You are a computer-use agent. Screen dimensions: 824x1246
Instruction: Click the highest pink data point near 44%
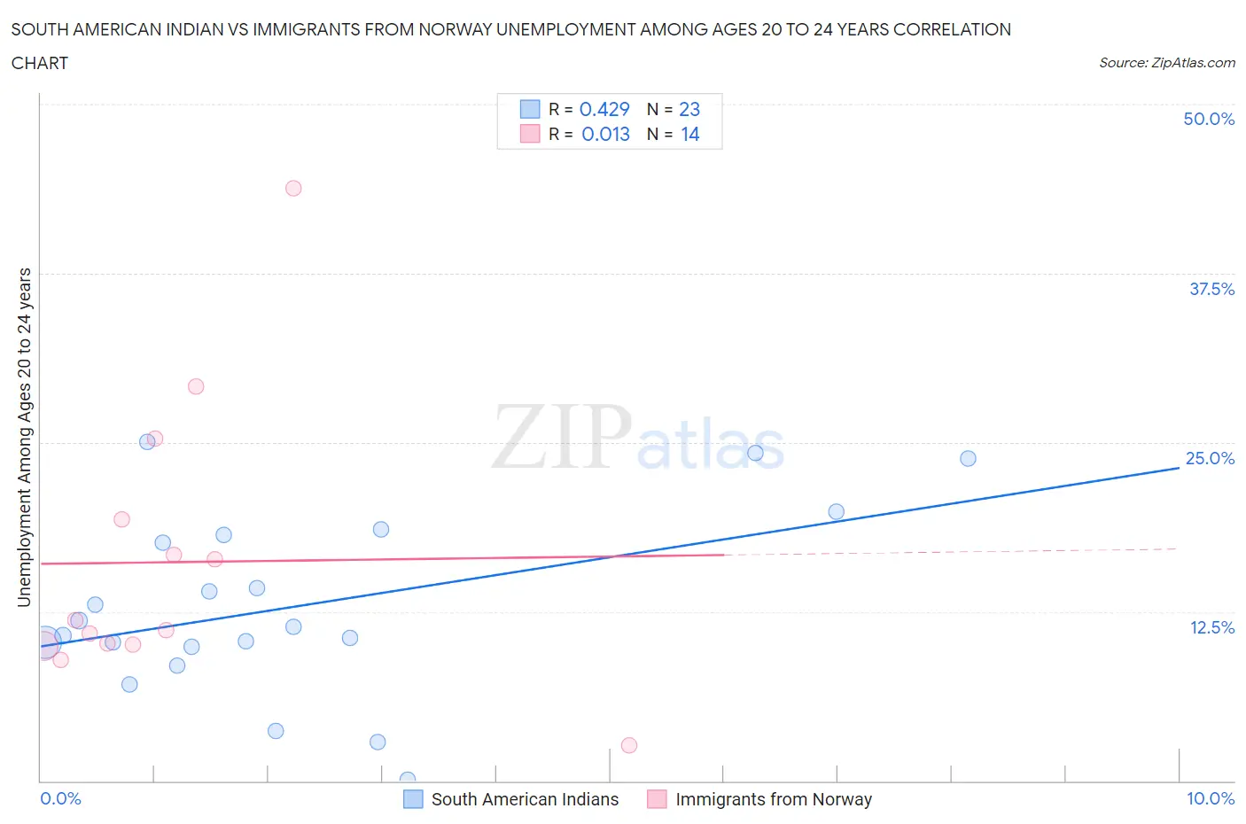[293, 188]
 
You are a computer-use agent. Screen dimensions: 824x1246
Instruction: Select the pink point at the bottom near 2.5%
[629, 745]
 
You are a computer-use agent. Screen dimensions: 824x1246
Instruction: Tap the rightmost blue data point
[968, 458]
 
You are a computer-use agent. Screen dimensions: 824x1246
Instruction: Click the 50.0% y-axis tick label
[1209, 119]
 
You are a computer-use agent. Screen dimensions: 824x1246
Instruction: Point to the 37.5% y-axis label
[1211, 289]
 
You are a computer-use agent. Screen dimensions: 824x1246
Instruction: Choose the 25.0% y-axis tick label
[1210, 458]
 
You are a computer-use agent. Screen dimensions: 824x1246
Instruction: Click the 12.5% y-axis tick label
[1211, 627]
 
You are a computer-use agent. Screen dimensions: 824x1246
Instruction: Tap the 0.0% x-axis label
[60, 798]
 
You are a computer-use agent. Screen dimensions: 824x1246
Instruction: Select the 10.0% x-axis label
[1210, 798]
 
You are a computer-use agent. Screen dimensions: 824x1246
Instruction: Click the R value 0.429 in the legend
[604, 109]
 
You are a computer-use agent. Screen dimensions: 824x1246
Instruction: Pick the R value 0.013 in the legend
[605, 134]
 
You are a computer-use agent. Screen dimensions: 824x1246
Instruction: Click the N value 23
[689, 109]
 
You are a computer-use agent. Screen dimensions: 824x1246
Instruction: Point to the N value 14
[689, 134]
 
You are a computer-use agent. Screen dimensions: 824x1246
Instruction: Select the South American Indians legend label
[525, 799]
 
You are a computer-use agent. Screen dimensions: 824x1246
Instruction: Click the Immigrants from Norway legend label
[774, 799]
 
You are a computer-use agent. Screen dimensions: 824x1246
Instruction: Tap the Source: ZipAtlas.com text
[1166, 62]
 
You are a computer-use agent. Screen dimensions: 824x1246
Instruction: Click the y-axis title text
[24, 437]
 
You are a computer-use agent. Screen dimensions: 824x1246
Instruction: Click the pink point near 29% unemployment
[196, 386]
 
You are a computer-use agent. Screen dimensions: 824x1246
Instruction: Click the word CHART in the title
[40, 63]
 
